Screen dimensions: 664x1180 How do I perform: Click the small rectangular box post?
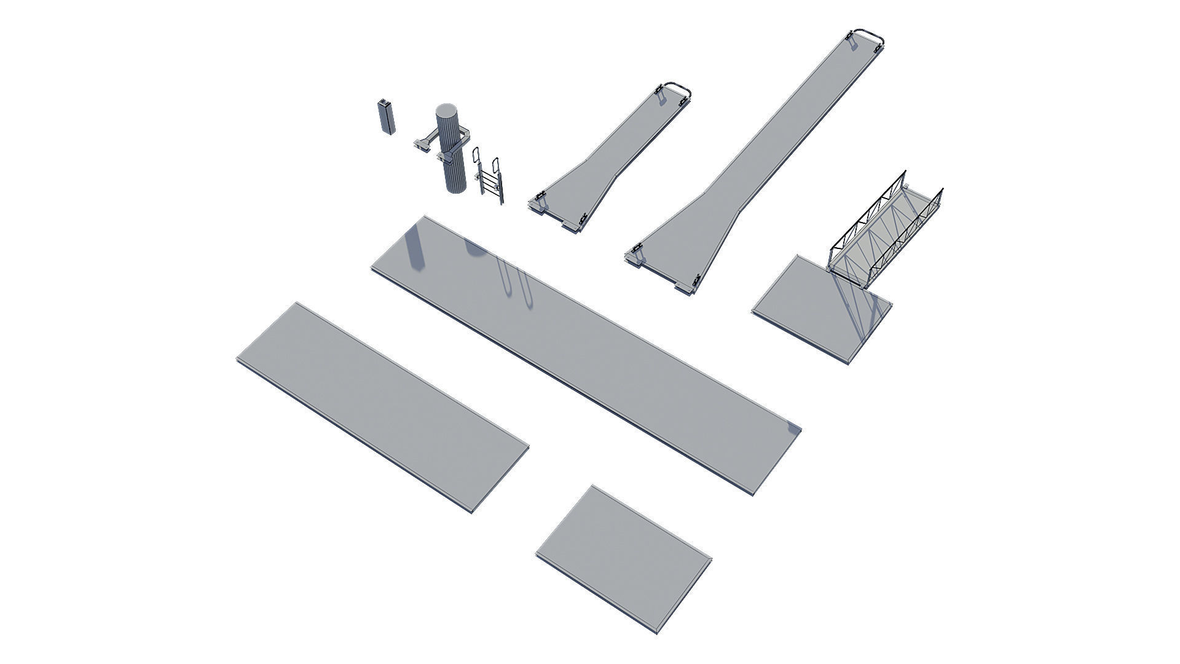[385, 116]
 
